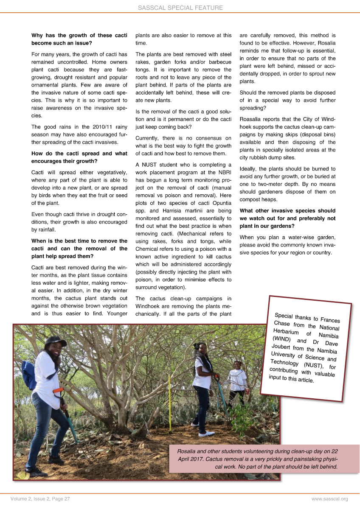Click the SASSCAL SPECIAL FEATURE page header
(x=180, y=8)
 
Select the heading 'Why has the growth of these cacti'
(x=79, y=36)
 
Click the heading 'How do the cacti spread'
(x=79, y=154)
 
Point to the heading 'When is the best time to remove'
(x=79, y=241)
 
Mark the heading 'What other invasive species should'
(x=287, y=211)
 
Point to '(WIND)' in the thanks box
(x=282, y=339)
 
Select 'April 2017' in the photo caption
(x=191, y=459)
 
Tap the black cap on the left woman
(x=55, y=341)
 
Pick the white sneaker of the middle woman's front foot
(x=206, y=433)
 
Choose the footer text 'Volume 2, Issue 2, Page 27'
(x=40, y=499)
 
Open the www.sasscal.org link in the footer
(x=330, y=499)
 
